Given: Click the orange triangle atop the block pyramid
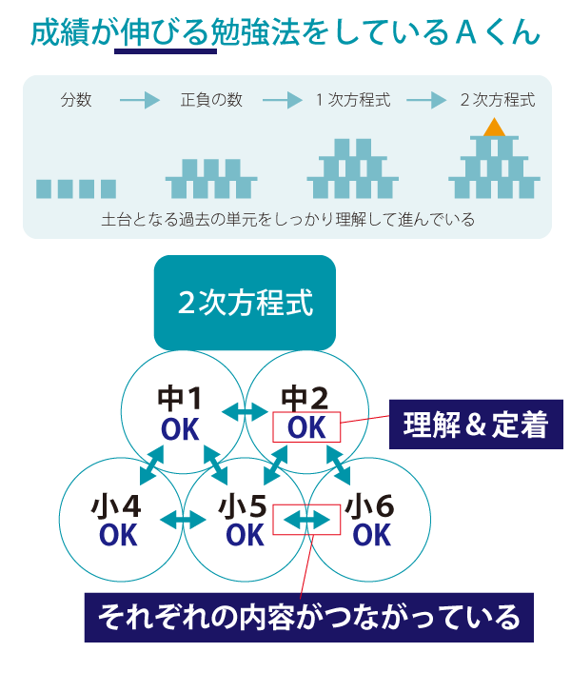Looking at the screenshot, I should [494, 128].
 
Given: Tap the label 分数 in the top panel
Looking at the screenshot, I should [76, 100].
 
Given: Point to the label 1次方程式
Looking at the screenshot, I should [353, 100].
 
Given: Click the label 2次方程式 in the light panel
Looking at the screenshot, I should [497, 100].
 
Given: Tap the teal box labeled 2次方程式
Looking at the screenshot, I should [245, 303].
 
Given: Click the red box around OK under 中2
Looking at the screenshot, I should [306, 427].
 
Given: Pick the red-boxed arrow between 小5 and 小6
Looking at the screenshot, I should [306, 520].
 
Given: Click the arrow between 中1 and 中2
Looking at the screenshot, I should [245, 411].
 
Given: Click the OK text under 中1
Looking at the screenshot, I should [180, 430].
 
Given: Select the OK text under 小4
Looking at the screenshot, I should [118, 535].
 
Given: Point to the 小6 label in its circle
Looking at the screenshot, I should [370, 505].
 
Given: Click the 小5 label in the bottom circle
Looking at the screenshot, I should [244, 505].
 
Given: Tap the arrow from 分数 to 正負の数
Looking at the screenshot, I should [140, 100].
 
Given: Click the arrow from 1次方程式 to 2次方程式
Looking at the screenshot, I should [425, 100].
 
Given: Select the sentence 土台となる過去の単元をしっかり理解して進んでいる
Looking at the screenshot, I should [287, 219].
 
